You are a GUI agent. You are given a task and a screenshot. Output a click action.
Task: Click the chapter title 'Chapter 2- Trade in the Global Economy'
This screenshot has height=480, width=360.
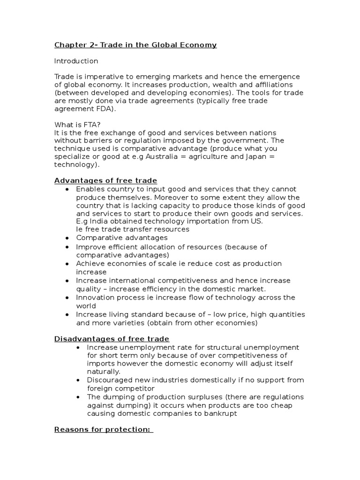coord(135,45)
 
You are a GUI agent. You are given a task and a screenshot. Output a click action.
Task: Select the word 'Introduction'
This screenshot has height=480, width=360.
coord(76,61)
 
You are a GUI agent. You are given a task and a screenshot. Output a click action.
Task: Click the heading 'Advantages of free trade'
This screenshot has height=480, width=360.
coord(105,181)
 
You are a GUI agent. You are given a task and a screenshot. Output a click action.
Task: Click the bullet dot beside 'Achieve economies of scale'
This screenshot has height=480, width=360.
coord(67,264)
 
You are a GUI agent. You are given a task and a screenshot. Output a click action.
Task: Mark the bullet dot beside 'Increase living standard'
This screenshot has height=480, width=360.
coord(67,315)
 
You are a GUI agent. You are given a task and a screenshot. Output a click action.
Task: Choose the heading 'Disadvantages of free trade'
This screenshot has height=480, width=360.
coord(112,339)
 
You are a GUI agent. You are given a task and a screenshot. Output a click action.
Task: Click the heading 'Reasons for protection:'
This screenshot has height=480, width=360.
coord(103,429)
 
